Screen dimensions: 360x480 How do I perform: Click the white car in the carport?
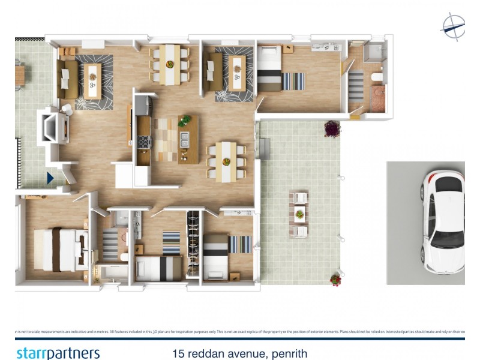pyautogui.click(x=443, y=221)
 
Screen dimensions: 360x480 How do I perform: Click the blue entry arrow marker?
pyautogui.click(x=50, y=178)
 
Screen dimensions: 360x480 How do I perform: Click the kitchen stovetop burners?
pyautogui.click(x=143, y=142)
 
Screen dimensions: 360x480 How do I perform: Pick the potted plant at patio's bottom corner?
pyautogui.click(x=335, y=279)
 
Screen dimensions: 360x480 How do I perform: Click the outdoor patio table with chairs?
pyautogui.click(x=299, y=214)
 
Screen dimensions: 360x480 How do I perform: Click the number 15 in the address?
pyautogui.click(x=177, y=354)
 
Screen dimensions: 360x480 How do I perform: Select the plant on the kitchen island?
pyautogui.click(x=185, y=121)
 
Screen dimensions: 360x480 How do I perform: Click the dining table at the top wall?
pyautogui.click(x=170, y=64)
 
